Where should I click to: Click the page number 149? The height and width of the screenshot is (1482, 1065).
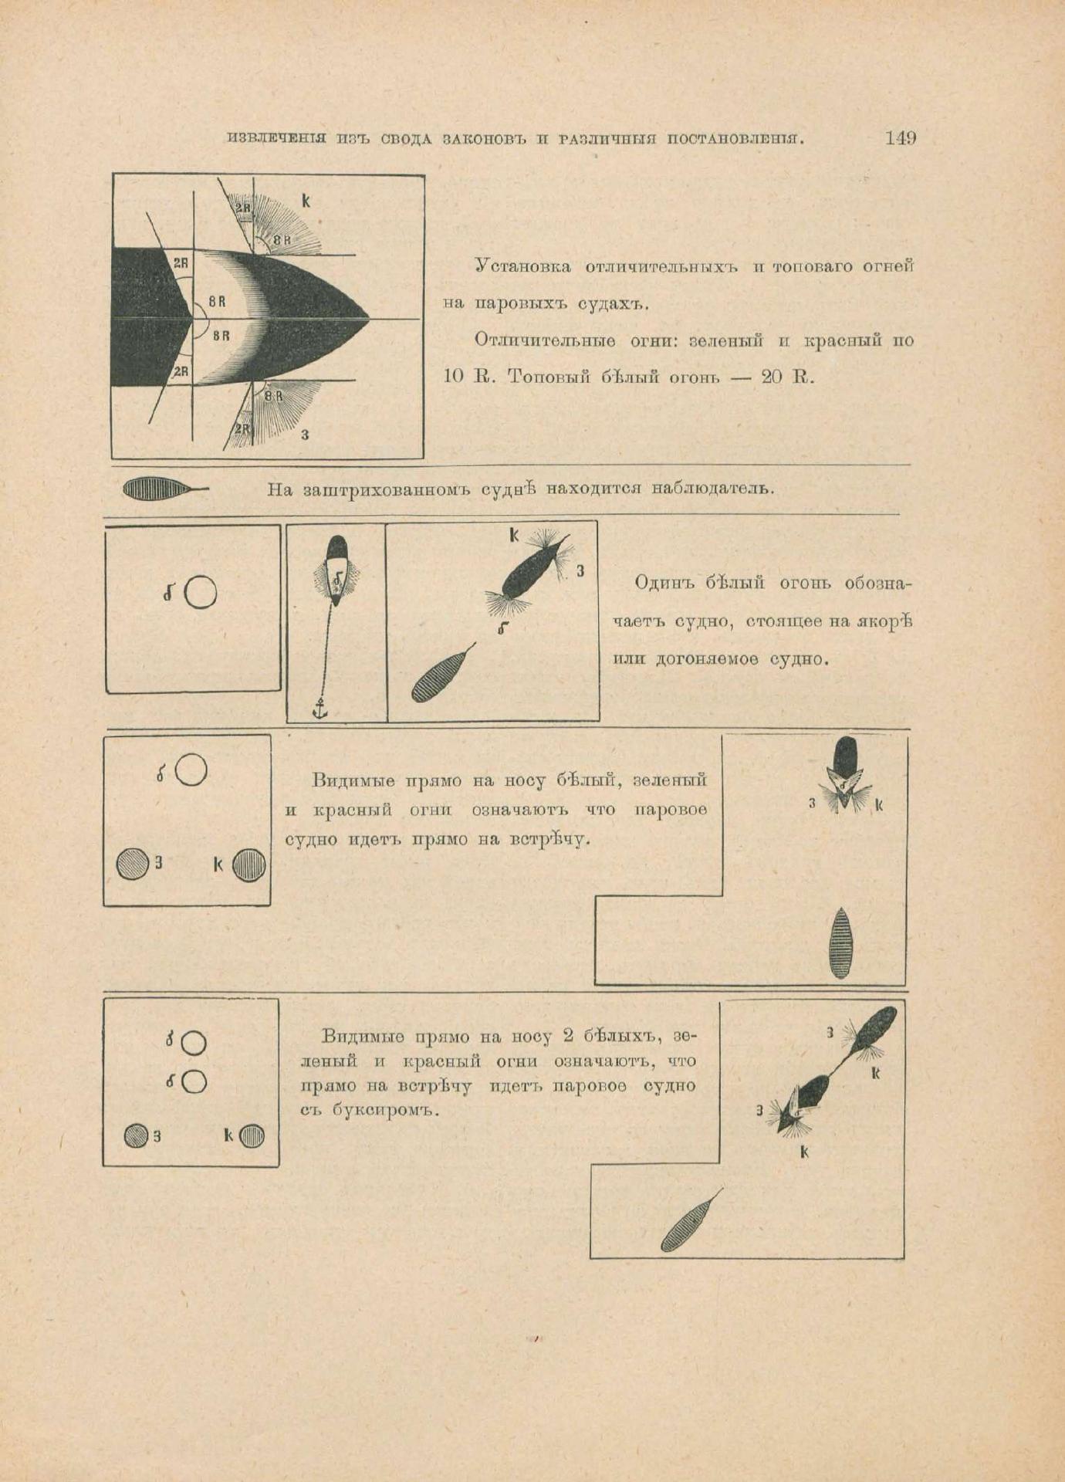click(900, 138)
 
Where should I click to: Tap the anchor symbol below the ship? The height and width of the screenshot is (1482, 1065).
click(319, 709)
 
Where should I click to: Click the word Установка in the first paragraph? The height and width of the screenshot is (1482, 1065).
click(522, 266)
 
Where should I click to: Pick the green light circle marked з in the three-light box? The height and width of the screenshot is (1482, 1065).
click(132, 864)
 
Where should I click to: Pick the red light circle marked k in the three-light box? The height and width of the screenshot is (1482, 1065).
click(249, 864)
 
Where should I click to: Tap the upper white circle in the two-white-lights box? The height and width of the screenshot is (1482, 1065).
click(193, 1044)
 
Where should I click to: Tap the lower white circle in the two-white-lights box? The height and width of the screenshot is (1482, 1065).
click(193, 1082)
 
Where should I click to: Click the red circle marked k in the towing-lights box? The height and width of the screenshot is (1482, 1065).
click(252, 1136)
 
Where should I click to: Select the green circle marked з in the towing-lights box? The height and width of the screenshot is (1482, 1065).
click(137, 1135)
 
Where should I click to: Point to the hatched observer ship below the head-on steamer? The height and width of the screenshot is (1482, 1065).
click(840, 942)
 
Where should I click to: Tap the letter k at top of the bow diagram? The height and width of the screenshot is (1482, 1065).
click(306, 201)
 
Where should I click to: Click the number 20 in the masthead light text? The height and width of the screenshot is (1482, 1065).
click(773, 377)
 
